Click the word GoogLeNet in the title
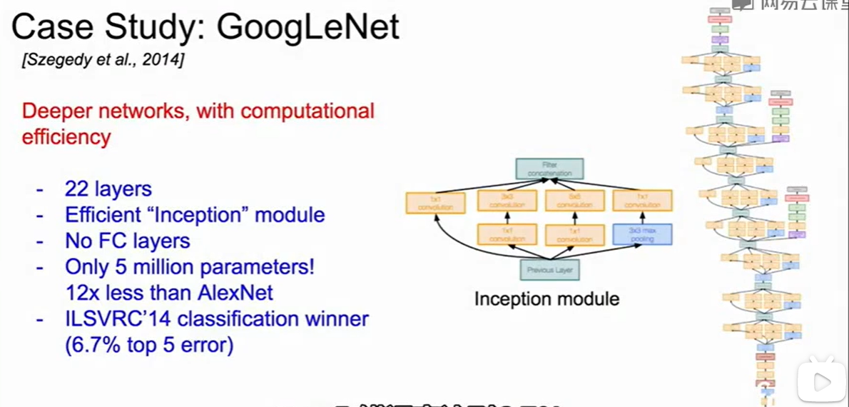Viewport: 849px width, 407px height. tap(307, 27)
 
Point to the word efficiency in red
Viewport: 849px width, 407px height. tap(66, 136)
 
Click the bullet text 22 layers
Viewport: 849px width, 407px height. tap(108, 189)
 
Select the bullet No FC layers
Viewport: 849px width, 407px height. tap(128, 241)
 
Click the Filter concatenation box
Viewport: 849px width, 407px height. tap(549, 169)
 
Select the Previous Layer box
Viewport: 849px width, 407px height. tap(549, 270)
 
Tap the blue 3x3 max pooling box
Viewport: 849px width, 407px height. tap(643, 235)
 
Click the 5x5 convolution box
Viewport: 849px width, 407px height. tap(574, 201)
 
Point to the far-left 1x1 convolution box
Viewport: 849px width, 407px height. tap(435, 203)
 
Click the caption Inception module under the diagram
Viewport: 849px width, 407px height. tap(546, 298)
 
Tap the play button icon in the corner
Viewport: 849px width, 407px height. tap(821, 383)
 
